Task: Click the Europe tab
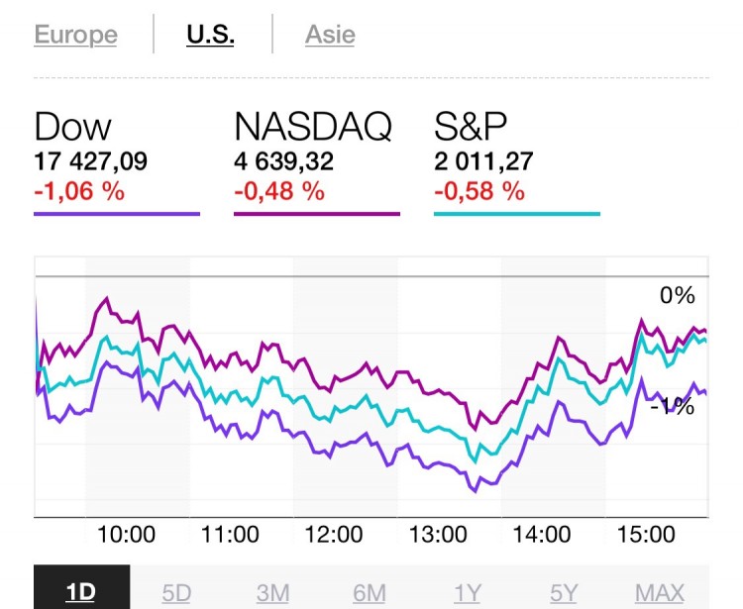pos(75,35)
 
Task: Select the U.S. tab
pos(210,35)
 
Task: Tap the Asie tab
pos(330,35)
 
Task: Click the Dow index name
pos(72,128)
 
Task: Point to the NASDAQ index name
pos(313,128)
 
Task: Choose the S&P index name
pos(472,128)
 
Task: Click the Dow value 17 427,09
pos(90,161)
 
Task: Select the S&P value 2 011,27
pos(483,161)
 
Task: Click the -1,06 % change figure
pos(79,191)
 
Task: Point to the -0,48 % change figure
pos(279,191)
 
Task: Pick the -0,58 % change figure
pos(479,191)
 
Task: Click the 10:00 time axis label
pos(126,535)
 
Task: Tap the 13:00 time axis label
pos(438,535)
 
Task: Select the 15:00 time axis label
pos(646,535)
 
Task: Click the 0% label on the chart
pos(678,295)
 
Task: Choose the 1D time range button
pos(81,592)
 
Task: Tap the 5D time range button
pos(176,592)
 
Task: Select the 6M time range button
pos(370,592)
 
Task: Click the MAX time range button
pos(660,592)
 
